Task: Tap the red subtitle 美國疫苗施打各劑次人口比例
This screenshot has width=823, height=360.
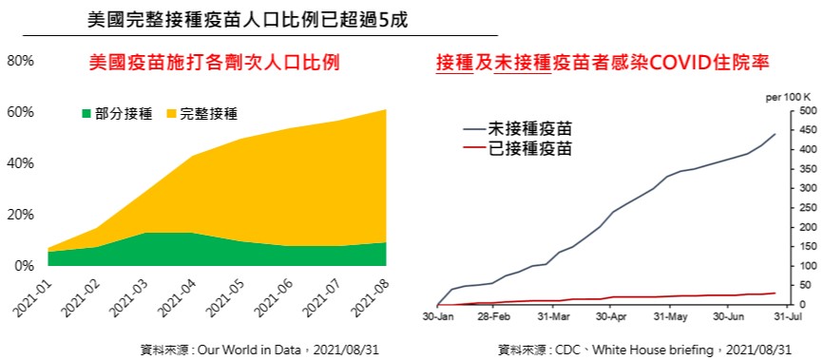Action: point(215,64)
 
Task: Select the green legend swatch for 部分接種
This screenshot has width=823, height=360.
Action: point(86,113)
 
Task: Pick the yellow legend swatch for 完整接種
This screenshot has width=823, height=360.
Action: point(170,113)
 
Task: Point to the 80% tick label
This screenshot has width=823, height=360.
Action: point(21,61)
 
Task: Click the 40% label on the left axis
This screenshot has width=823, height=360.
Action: point(21,163)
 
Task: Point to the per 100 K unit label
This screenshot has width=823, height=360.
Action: point(788,98)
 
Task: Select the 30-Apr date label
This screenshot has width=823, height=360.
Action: point(609,317)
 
